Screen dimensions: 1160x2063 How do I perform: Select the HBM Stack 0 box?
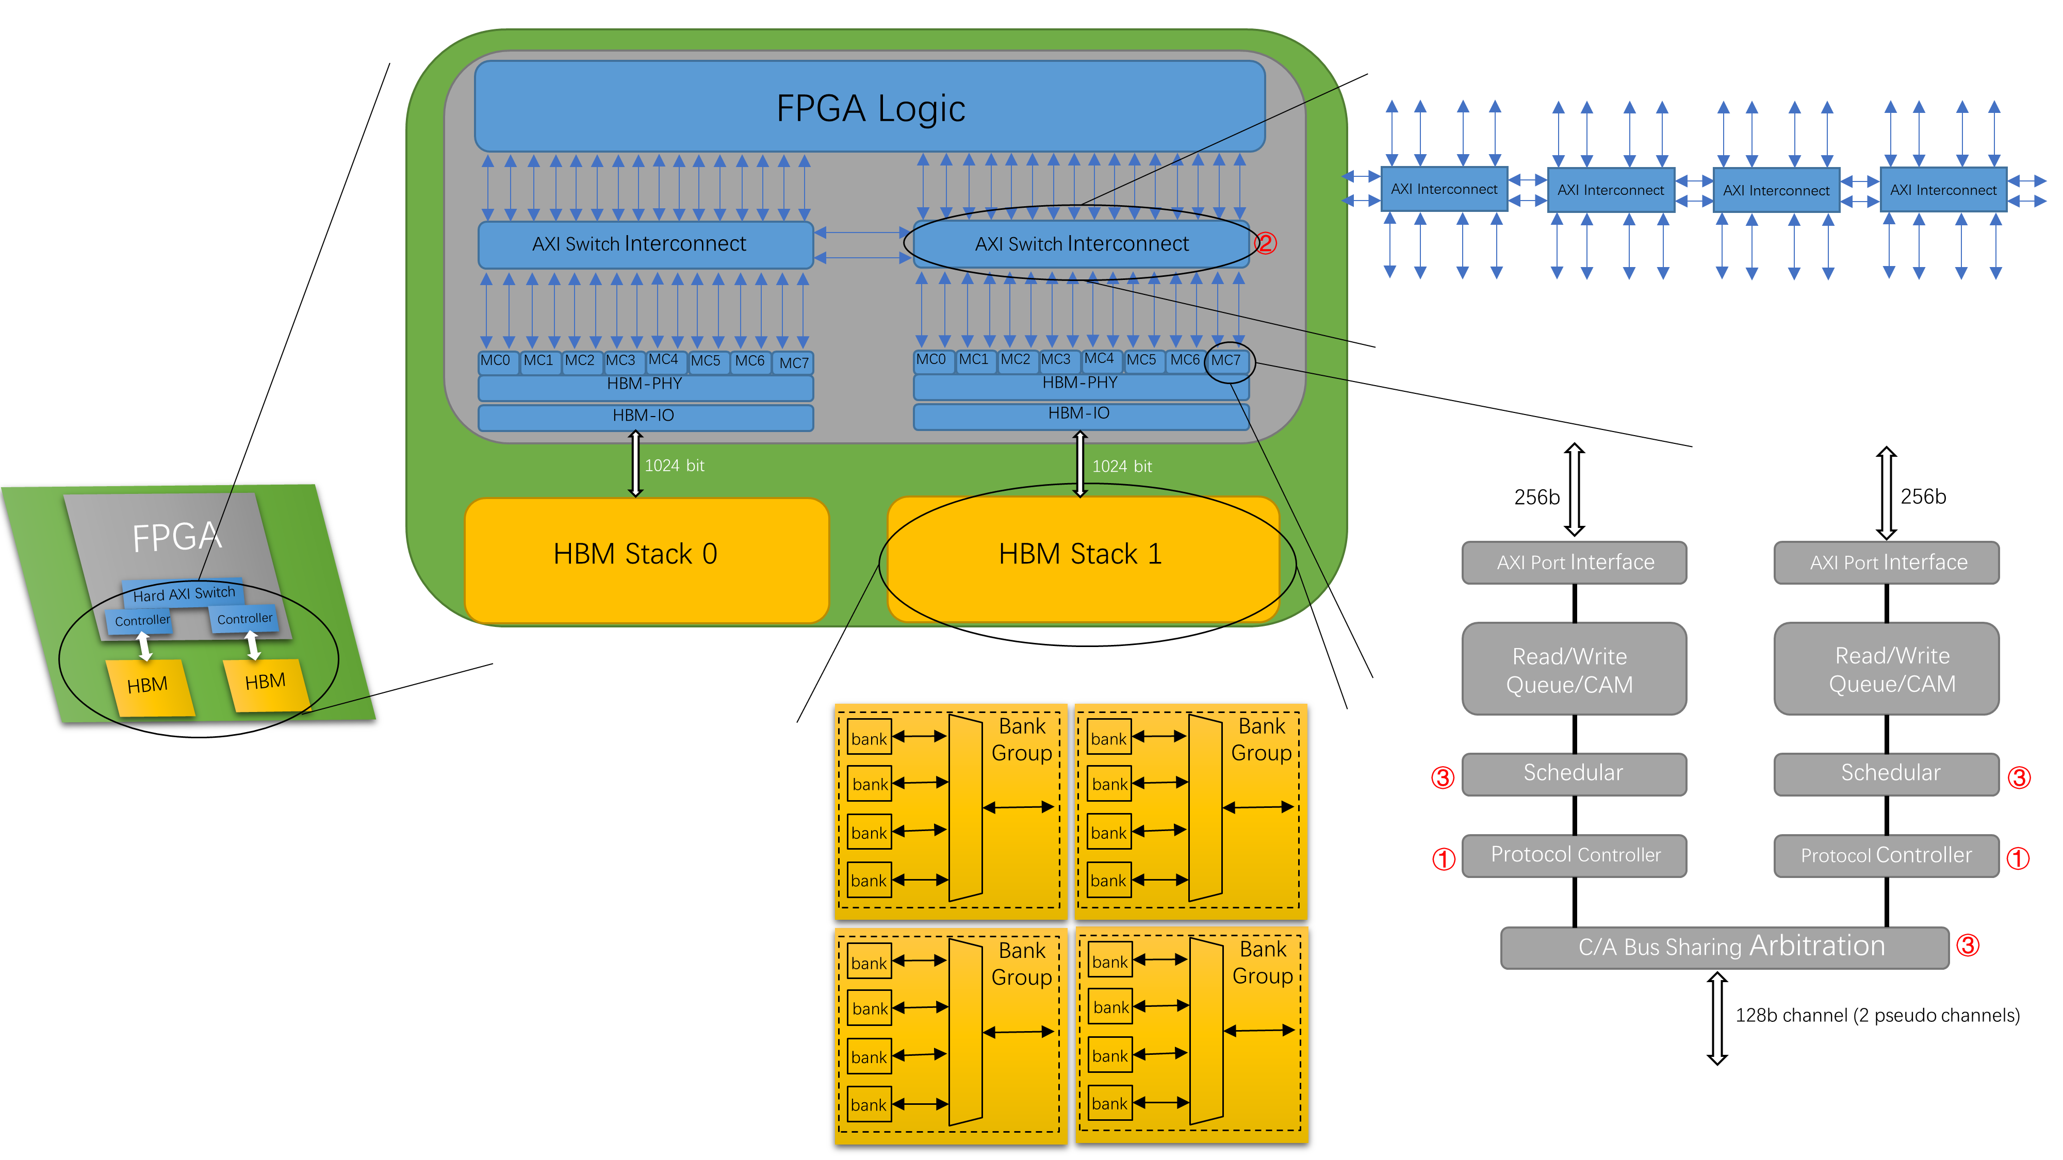pyautogui.click(x=646, y=559)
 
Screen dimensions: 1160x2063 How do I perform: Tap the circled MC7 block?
pyautogui.click(x=1226, y=360)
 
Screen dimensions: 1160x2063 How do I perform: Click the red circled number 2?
pyautogui.click(x=1265, y=243)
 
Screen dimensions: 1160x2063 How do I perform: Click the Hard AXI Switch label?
pyautogui.click(x=184, y=593)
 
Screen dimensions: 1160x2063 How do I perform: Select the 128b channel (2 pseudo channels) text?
pyautogui.click(x=1876, y=1015)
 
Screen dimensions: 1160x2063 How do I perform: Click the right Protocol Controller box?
pyautogui.click(x=1886, y=855)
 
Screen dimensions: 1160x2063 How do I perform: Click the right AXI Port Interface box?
pyautogui.click(x=1886, y=562)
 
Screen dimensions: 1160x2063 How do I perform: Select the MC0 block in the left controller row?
pyautogui.click(x=496, y=361)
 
